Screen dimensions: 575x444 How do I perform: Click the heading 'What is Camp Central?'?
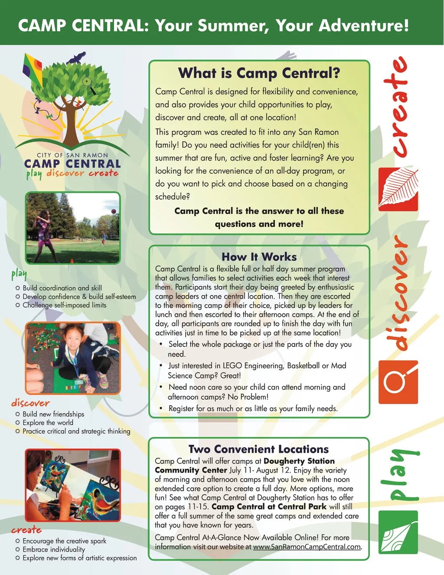click(259, 73)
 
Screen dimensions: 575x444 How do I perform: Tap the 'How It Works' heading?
click(259, 256)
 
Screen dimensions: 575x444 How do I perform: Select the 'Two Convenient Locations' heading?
click(258, 449)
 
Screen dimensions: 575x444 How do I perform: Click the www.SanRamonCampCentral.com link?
click(307, 547)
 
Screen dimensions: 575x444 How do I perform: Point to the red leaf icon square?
click(398, 189)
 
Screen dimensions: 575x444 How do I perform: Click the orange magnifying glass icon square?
click(398, 382)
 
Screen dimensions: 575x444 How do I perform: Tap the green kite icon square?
click(398, 532)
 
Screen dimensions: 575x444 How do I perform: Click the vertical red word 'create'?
click(395, 106)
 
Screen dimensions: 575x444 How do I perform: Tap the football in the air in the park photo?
click(114, 211)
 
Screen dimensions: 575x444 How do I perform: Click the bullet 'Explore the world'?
click(48, 423)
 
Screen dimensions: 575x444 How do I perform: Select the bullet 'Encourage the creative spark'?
click(64, 541)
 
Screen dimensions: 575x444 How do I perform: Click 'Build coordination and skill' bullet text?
click(62, 288)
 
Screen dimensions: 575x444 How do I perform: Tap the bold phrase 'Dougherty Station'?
click(299, 461)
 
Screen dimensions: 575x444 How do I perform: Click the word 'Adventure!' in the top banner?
click(363, 25)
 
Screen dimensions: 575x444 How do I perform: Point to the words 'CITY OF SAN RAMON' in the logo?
click(72, 155)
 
